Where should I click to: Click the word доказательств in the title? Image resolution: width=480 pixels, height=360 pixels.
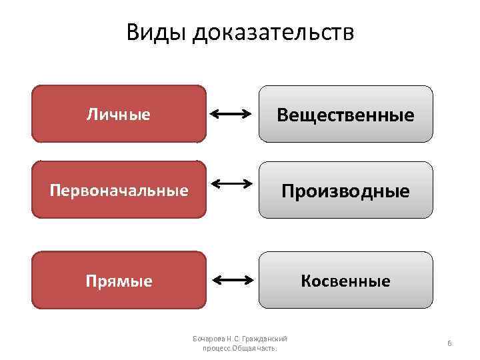[273, 33]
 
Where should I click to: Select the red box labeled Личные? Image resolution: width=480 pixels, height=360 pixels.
[119, 114]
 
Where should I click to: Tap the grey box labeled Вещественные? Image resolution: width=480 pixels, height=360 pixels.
[345, 115]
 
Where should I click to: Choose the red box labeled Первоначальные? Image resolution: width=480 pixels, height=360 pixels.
[119, 191]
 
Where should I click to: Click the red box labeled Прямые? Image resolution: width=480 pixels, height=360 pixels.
[119, 281]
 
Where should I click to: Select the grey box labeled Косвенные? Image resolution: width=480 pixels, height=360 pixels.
[345, 281]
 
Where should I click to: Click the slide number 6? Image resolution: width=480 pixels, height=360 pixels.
[449, 343]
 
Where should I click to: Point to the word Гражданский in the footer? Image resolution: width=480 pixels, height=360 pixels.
[267, 339]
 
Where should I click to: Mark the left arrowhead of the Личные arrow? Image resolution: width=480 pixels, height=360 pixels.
[215, 115]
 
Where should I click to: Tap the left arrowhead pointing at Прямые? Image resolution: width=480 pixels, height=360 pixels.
[215, 281]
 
